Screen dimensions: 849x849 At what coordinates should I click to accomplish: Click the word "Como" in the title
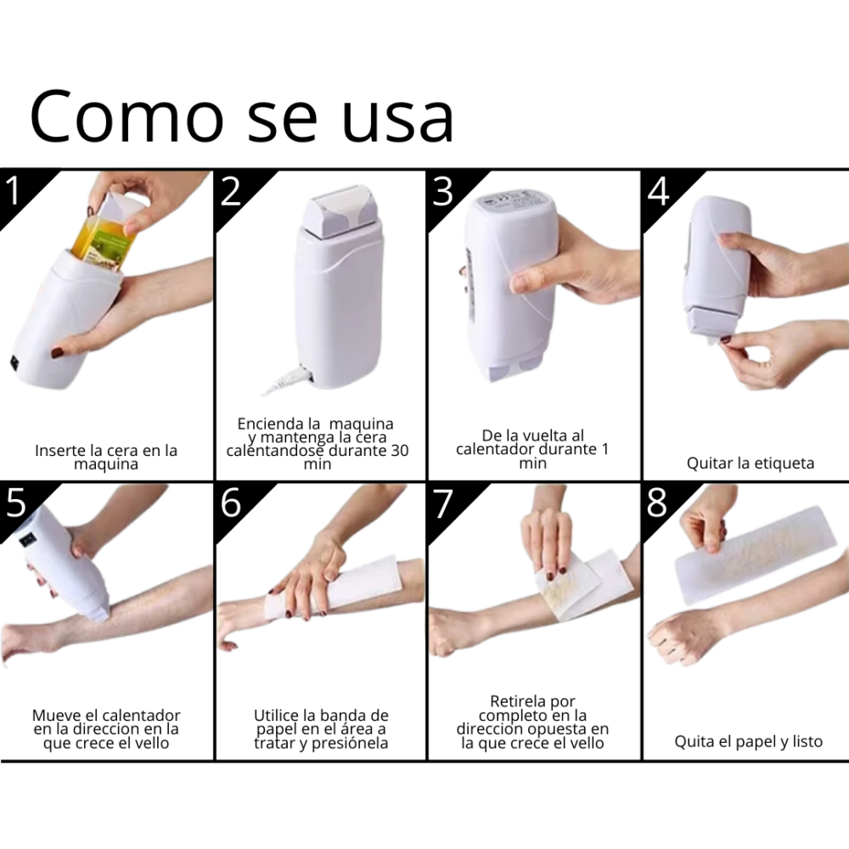(127, 117)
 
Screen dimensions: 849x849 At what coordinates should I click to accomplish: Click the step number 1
(13, 190)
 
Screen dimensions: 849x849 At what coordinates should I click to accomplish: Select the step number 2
(231, 191)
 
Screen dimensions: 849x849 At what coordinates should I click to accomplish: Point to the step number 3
(443, 191)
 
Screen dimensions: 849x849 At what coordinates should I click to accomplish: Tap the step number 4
(659, 191)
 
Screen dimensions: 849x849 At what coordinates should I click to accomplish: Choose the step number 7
(443, 503)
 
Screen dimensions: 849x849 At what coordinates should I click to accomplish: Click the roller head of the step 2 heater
(340, 211)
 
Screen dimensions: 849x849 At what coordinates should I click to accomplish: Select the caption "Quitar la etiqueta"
(751, 464)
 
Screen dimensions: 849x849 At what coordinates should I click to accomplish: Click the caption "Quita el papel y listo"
(748, 742)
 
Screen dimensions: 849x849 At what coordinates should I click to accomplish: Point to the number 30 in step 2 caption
(399, 451)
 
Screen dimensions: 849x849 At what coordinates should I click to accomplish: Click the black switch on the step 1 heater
(14, 363)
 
